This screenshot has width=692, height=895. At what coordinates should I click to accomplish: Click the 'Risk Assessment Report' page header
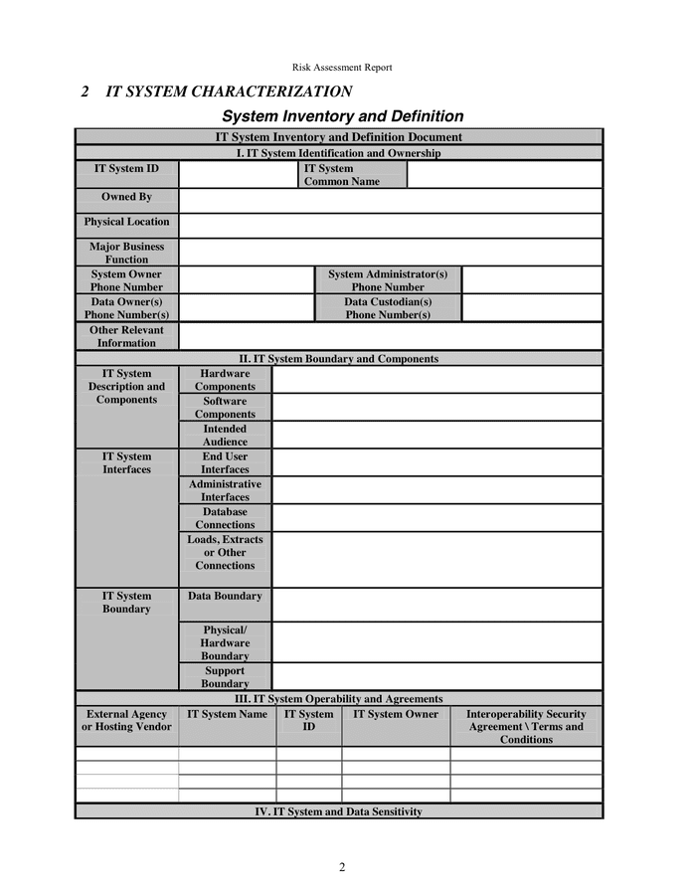click(x=342, y=68)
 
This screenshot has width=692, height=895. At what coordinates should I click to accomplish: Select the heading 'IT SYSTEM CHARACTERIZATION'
click(x=229, y=91)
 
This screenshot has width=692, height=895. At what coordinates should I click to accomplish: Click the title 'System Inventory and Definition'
click(x=342, y=116)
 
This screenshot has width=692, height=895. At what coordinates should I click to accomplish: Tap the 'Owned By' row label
click(x=126, y=198)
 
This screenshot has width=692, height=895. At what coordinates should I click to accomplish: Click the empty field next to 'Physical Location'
click(x=390, y=225)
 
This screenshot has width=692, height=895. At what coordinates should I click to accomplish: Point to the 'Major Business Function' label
click(x=126, y=253)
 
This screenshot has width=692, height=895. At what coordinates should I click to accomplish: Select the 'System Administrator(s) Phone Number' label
click(x=388, y=280)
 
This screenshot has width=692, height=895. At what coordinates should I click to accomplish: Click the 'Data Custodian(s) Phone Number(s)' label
click(x=388, y=308)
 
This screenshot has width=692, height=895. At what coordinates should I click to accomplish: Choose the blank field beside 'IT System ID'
click(x=238, y=174)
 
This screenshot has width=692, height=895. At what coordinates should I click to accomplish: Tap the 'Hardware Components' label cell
click(x=225, y=380)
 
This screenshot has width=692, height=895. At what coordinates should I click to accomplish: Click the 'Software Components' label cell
click(x=225, y=408)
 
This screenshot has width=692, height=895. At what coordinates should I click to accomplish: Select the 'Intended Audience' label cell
click(x=225, y=436)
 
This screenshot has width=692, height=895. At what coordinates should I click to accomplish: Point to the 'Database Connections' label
click(x=225, y=518)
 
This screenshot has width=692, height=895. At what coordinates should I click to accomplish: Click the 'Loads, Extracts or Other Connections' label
click(x=225, y=553)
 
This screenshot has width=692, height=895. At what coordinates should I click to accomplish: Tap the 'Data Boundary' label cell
click(x=225, y=597)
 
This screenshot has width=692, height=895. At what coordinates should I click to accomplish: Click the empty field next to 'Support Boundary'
click(x=436, y=677)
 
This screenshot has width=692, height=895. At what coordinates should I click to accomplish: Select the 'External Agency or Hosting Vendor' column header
click(x=126, y=721)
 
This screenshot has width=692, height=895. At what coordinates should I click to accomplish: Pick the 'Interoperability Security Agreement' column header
click(x=526, y=727)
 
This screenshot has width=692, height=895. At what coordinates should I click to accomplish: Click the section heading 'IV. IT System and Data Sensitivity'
click(x=338, y=811)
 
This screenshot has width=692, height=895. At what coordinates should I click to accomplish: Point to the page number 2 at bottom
click(x=342, y=867)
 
